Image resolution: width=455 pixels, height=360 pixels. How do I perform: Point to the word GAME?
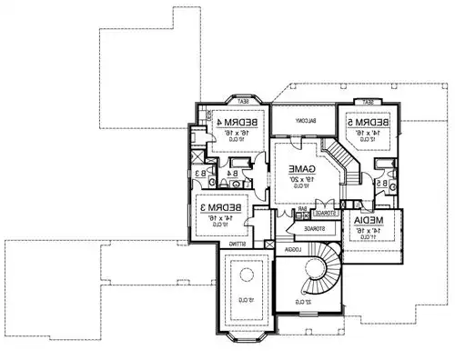click(302, 170)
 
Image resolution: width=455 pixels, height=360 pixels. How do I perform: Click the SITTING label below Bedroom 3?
click(238, 245)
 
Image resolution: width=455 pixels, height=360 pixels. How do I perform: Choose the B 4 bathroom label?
click(233, 173)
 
